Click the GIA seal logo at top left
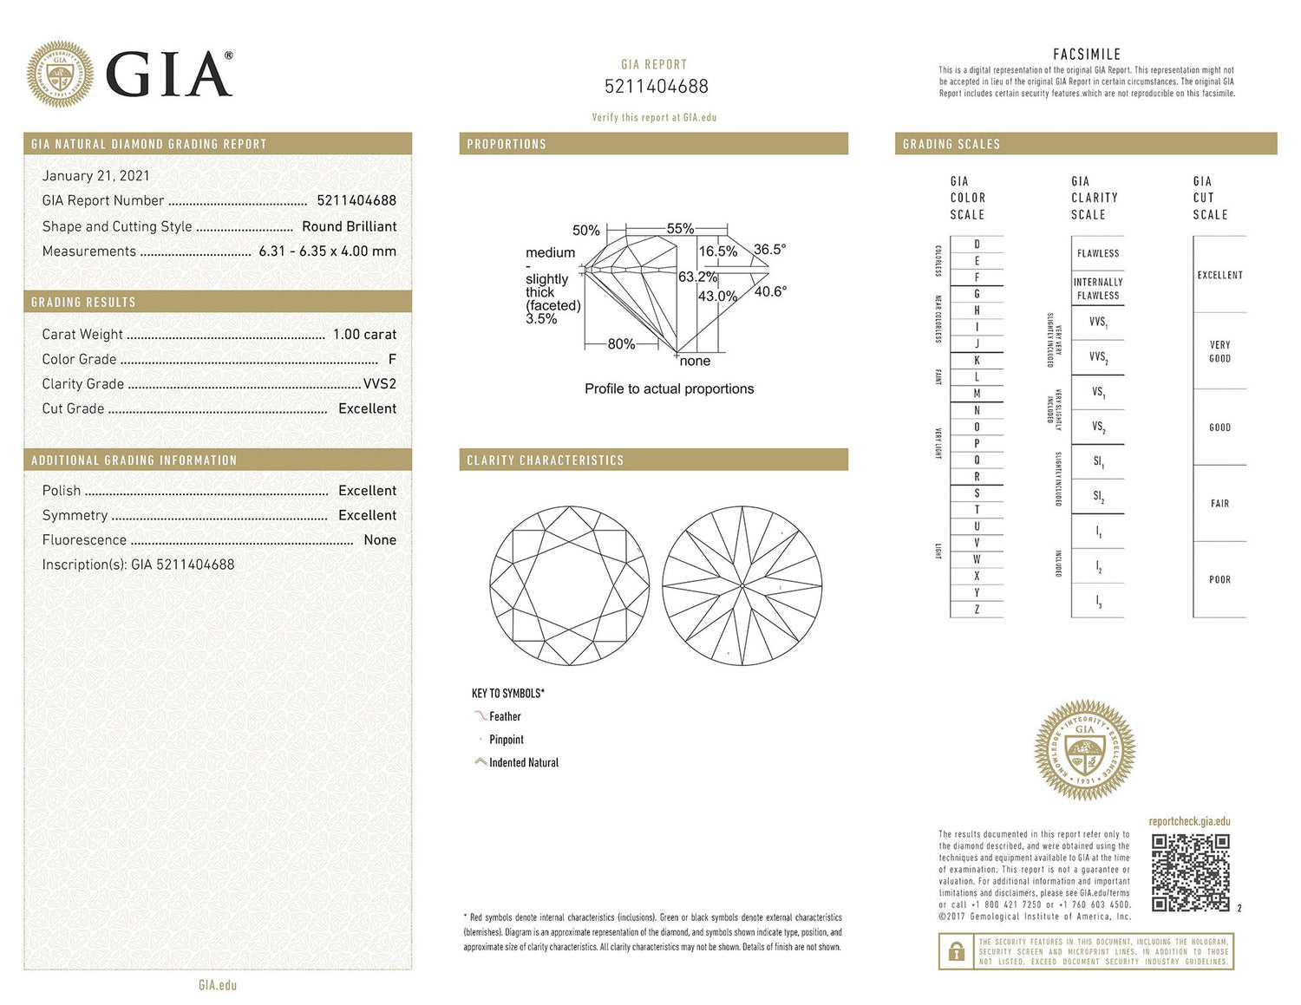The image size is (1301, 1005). point(60,74)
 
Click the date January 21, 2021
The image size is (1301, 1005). point(95,176)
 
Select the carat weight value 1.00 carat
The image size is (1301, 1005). point(364,335)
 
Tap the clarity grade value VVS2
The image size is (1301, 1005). point(379,384)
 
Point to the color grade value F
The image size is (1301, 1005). point(392,359)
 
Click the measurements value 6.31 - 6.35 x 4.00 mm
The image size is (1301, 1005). point(327,251)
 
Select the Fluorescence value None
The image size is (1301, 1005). point(380,540)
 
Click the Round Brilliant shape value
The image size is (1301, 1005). point(349,226)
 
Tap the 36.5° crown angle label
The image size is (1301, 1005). point(769,250)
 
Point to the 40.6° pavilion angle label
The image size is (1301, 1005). point(770,292)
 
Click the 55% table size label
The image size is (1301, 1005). point(680,229)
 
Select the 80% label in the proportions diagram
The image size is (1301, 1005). point(621,344)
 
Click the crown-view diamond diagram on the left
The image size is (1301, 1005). point(569,586)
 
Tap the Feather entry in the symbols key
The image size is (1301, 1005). point(504,717)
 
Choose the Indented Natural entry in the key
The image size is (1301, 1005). point(523,763)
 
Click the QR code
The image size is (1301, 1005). point(1190,872)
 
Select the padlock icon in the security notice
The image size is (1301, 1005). point(957,952)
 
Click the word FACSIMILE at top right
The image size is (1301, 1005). point(1087,55)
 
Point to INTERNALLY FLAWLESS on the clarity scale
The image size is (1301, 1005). point(1098,289)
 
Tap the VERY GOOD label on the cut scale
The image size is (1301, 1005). point(1219,351)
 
